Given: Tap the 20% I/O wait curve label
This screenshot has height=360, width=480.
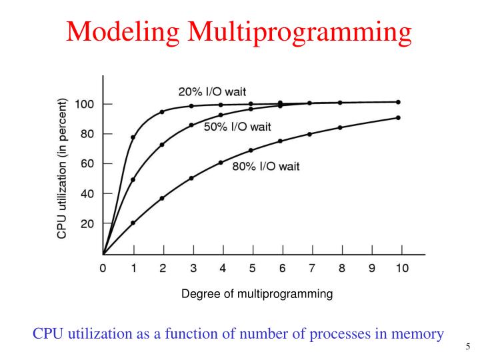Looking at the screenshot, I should pos(216,91).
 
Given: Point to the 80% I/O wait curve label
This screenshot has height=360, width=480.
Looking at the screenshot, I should pos(265,166).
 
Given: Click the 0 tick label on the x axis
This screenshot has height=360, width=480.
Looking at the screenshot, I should pos(103,269).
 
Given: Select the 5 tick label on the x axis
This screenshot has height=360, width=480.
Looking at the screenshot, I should pos(252,269).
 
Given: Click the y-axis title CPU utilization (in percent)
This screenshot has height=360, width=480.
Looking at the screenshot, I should pos(62,168).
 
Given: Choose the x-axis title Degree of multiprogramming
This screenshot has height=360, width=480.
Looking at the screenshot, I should pos(257,293).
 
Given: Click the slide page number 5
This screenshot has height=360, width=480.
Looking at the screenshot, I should pos(468,347).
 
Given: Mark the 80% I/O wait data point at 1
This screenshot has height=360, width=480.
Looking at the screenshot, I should pos(133,223).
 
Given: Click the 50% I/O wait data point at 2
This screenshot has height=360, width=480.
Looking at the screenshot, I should pos(162,145).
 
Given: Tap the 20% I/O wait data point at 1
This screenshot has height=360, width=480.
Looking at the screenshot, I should pos(133,137).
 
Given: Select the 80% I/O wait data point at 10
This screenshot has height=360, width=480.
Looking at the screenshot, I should pos(398,118).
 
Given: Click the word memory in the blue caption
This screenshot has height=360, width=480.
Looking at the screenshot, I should pos(419,333).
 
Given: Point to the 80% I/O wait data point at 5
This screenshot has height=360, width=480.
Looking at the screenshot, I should pos(251,150).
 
